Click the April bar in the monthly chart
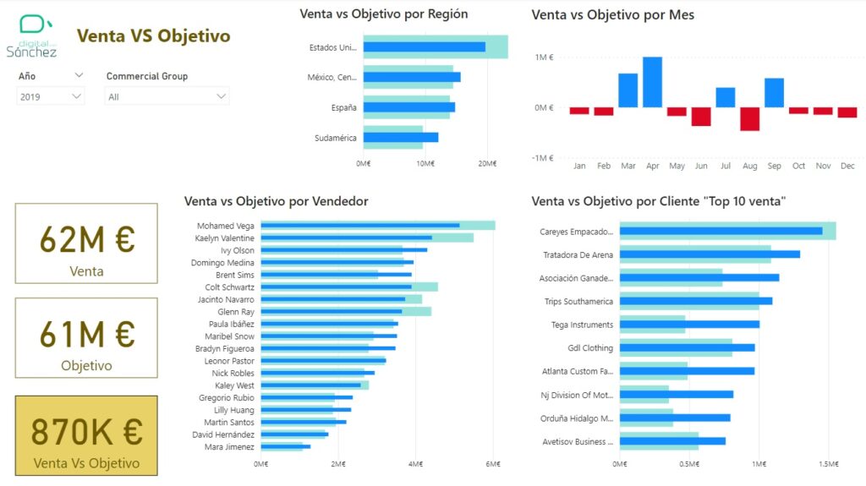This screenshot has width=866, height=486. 652,82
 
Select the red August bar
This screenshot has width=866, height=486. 749,118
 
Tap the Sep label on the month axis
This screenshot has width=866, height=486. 774,167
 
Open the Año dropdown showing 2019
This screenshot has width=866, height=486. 51,97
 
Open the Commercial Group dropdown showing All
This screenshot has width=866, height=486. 167,97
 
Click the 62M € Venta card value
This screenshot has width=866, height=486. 86,240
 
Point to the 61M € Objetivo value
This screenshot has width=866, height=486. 86,335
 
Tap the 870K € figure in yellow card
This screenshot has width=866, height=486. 86,432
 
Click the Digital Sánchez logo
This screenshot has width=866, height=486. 32,35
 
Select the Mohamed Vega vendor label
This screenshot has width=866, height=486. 226,226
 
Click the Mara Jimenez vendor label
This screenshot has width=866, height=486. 229,446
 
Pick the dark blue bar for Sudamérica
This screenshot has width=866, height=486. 400,138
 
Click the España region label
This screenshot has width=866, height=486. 344,107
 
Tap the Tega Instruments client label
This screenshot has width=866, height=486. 582,325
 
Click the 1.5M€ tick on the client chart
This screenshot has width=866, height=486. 829,464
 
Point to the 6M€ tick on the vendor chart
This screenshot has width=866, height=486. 493,464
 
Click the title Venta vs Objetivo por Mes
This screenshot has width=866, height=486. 612,15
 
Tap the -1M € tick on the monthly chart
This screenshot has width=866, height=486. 542,158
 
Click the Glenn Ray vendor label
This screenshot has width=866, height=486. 237,312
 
